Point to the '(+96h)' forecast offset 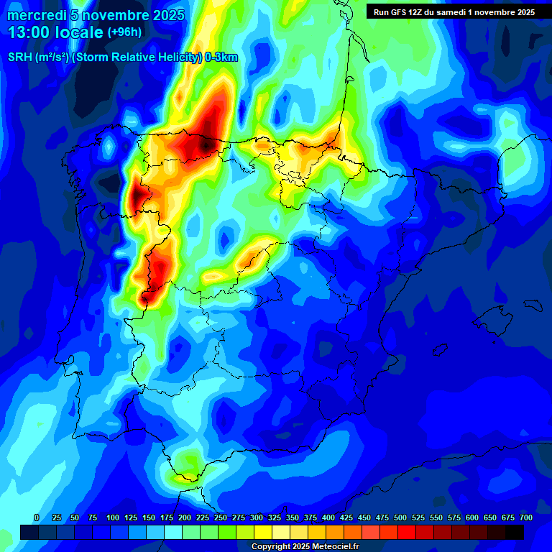124,32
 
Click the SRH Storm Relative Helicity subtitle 122,58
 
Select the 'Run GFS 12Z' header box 454,12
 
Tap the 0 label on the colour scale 37,518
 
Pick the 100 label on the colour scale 113,518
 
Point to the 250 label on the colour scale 221,518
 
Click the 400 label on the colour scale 328,518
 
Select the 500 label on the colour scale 400,518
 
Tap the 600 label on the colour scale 472,518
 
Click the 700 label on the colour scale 526,518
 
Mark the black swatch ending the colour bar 515,532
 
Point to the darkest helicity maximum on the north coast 206,144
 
